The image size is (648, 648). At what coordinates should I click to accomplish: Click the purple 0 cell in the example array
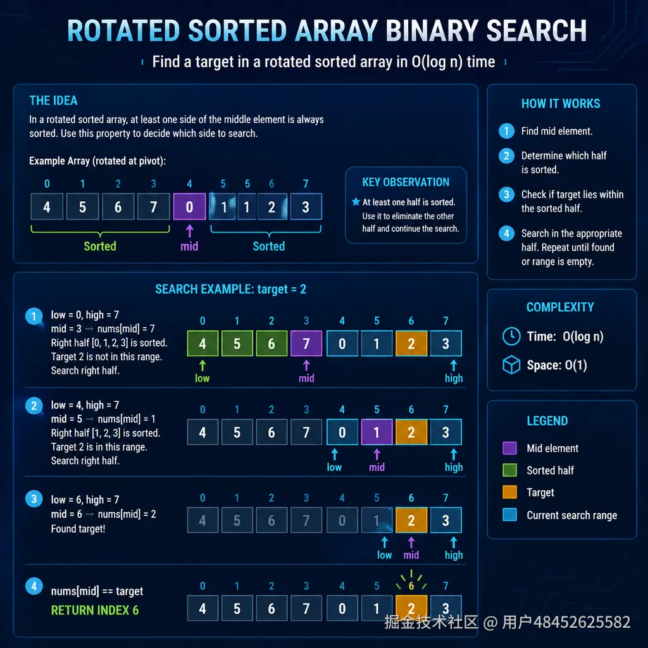tap(189, 207)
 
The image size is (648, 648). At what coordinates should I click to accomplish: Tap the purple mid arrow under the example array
tap(189, 231)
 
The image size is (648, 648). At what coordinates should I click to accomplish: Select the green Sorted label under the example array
tap(100, 246)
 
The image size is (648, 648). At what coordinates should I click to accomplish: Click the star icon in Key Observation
tap(356, 202)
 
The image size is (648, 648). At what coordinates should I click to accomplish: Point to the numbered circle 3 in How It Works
tap(506, 195)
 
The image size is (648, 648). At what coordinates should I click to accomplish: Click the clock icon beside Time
tap(511, 337)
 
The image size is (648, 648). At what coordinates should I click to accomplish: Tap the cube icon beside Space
tap(511, 365)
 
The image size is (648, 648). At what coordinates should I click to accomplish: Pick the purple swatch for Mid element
tap(509, 448)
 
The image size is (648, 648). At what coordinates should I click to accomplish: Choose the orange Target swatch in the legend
tap(509, 492)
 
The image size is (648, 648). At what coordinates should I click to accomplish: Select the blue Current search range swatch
tap(509, 515)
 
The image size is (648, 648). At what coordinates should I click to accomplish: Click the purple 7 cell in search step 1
tap(306, 344)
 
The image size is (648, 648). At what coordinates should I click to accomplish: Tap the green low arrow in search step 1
tap(202, 365)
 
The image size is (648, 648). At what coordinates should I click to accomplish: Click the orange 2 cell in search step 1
tap(411, 344)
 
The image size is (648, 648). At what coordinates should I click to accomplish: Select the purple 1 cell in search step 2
tap(377, 432)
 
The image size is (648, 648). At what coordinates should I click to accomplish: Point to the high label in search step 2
tap(454, 467)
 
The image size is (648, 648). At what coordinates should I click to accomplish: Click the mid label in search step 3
tap(411, 555)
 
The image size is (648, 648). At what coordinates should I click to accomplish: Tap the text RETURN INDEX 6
tap(95, 611)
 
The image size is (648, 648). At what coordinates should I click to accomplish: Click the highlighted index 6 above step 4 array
tap(411, 586)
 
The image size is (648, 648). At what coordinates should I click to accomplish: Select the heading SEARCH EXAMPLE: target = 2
tap(230, 289)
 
